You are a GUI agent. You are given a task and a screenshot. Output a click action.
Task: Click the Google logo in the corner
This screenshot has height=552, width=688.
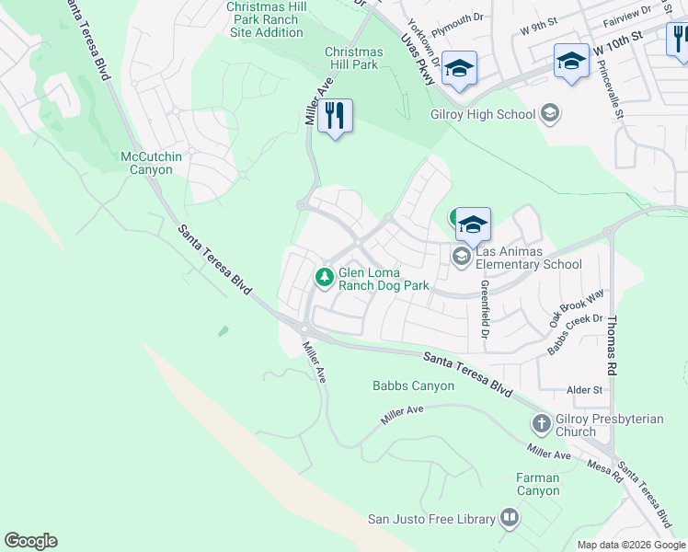30,541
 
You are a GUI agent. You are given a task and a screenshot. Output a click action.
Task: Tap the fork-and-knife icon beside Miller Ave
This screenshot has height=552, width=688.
335,116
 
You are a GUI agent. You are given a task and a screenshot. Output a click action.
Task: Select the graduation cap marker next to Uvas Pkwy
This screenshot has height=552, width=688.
458,68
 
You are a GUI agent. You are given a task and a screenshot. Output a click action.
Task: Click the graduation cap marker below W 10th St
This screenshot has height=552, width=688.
571,62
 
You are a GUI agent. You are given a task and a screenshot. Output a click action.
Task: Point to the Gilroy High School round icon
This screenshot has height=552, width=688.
550,114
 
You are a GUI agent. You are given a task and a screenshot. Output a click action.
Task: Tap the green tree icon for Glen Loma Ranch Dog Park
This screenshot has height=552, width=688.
324,276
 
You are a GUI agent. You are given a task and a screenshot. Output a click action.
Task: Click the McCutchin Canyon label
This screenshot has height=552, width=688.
152,163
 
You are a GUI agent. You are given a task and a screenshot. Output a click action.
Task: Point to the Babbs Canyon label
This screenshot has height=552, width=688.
413,385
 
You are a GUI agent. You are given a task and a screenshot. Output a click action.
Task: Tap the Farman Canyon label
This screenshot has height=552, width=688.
538,484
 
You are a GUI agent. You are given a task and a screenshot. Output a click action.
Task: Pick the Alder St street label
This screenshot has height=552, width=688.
585,390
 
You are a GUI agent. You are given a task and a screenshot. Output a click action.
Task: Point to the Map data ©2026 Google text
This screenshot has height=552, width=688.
630,545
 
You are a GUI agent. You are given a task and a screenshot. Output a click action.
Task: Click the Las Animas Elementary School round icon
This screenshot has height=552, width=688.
462,257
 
